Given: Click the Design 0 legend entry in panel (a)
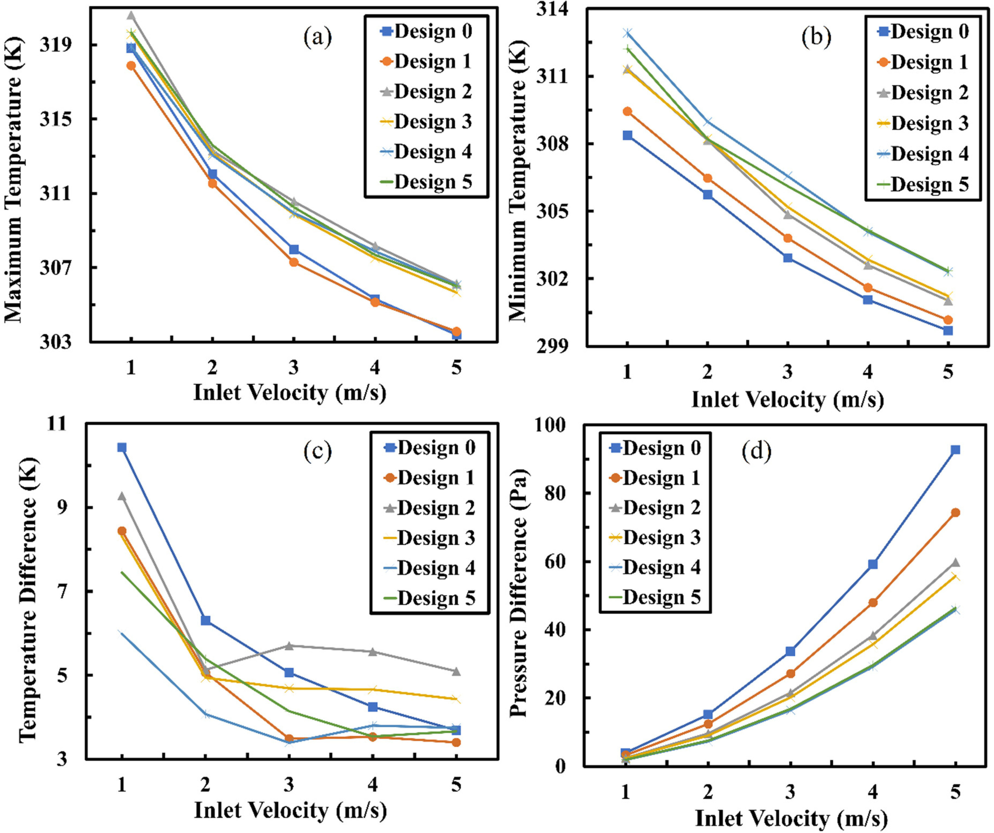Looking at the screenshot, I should coord(426,31).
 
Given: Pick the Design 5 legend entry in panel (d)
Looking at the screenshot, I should coord(655,597).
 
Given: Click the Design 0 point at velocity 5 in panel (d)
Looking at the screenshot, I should coord(955,450).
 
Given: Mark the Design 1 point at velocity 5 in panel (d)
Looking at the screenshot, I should coord(955,513).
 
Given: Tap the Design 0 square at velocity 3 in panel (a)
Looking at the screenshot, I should coord(294,250).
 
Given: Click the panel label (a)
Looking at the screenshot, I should coord(318,37).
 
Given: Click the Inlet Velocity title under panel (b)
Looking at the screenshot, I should coord(788,400).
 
